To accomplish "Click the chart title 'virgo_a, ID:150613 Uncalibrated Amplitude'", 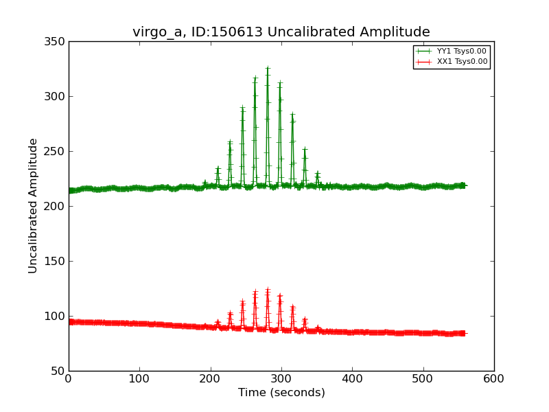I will point(281,32).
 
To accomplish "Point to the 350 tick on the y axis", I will point(56,41).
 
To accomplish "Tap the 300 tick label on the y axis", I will point(56,96).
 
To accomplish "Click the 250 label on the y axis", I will point(56,151).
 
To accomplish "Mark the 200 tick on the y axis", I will point(56,206).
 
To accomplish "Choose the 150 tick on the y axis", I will point(56,261).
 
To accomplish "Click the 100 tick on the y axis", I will point(56,316).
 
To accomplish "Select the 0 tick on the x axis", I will point(69,378).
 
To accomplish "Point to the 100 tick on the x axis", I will point(139,378).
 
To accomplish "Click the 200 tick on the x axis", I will point(211,378).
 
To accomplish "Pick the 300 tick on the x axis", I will point(281,378).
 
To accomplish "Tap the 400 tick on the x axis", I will point(352,378).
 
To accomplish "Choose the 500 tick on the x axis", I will point(423,378).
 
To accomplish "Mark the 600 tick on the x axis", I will point(494,378).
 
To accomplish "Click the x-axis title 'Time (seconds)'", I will point(281,393).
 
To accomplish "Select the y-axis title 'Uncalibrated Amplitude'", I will point(34,205).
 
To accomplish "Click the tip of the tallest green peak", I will point(268,68).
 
